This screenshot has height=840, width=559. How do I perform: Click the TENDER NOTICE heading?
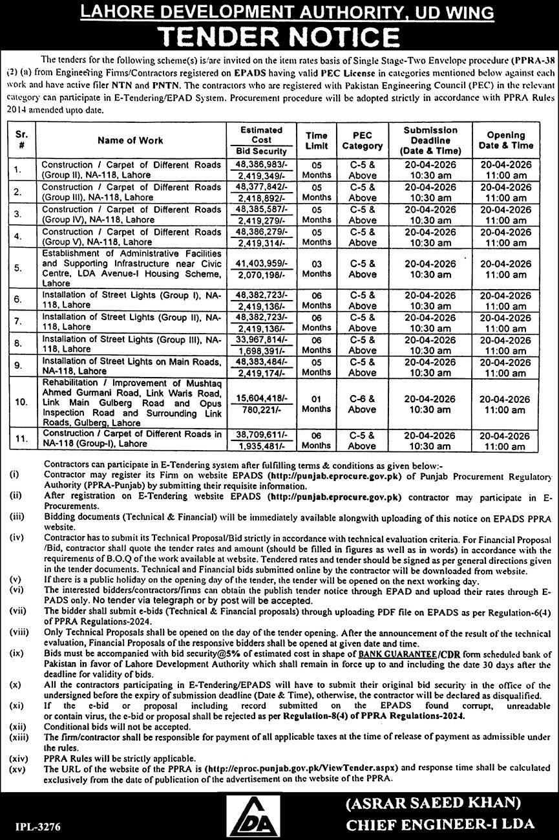(x=279, y=35)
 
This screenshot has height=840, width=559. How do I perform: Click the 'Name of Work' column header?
(x=130, y=140)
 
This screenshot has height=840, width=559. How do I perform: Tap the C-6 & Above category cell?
(x=363, y=402)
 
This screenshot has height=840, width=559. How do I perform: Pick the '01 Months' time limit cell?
(x=317, y=402)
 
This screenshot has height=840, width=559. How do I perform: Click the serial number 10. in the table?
(x=21, y=402)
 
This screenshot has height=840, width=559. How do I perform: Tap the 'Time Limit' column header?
(x=317, y=140)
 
